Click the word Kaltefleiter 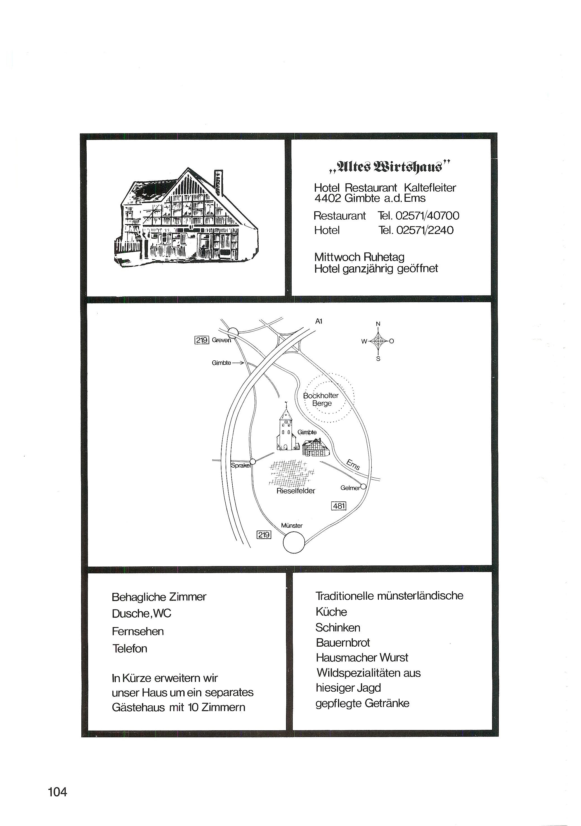point(430,188)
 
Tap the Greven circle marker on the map point(233,332)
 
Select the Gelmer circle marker point(363,487)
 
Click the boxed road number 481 point(339,506)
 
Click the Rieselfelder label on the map point(296,491)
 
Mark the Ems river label point(353,465)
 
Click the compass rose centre point(378,341)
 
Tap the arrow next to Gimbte point(238,363)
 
